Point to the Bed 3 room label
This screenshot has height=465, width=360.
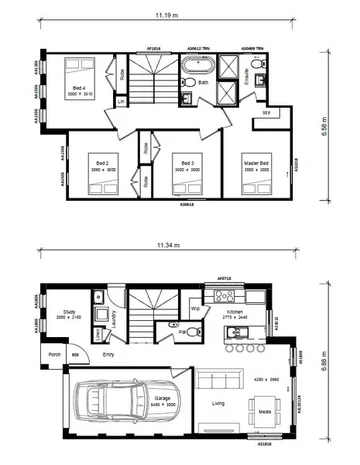(182, 163)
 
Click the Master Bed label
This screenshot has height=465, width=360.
(257, 163)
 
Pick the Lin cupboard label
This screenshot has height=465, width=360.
(120, 101)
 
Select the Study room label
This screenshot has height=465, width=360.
(68, 313)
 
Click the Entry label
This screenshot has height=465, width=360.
(108, 354)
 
